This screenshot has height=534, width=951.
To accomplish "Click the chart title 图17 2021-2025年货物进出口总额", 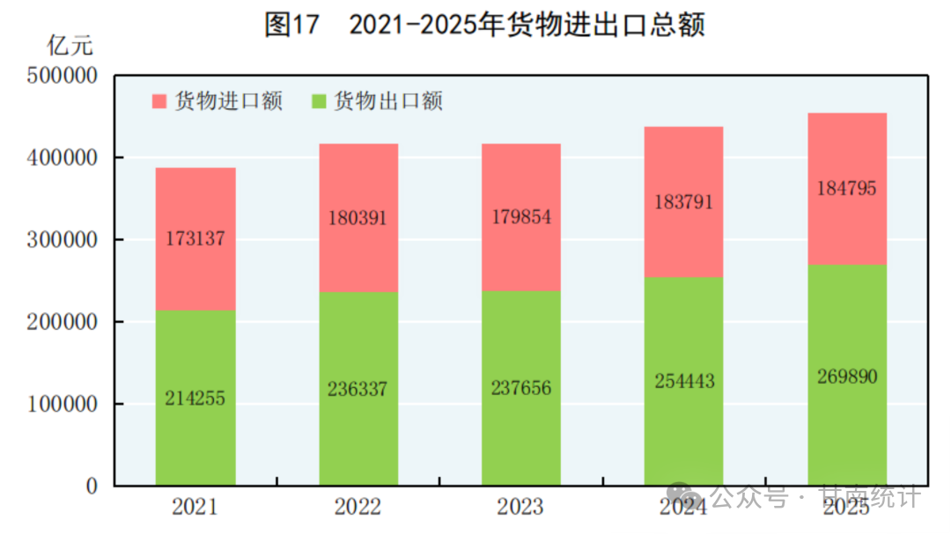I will tap(484, 26).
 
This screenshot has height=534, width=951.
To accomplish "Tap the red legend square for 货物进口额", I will tap(159, 101).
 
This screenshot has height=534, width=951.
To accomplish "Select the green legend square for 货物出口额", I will tap(320, 101).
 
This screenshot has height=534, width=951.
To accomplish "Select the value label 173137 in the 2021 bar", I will tap(195, 238).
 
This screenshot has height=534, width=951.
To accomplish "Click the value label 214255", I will tap(195, 399).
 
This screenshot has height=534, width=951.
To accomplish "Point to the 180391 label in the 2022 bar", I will tap(358, 217).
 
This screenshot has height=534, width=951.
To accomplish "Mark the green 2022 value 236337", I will tap(358, 389).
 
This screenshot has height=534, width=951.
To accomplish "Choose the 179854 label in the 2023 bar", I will tap(520, 217).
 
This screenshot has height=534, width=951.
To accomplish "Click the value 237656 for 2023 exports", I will tap(520, 389).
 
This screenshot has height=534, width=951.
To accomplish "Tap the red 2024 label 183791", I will tap(683, 201).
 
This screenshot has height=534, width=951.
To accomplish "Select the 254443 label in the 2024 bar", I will tap(683, 381).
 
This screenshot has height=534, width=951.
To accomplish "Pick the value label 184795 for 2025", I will tap(847, 188).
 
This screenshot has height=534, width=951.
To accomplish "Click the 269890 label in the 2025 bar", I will tap(847, 377).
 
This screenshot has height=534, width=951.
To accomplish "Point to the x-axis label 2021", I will tap(195, 507).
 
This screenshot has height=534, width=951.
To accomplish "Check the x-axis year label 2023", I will tap(520, 507).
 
